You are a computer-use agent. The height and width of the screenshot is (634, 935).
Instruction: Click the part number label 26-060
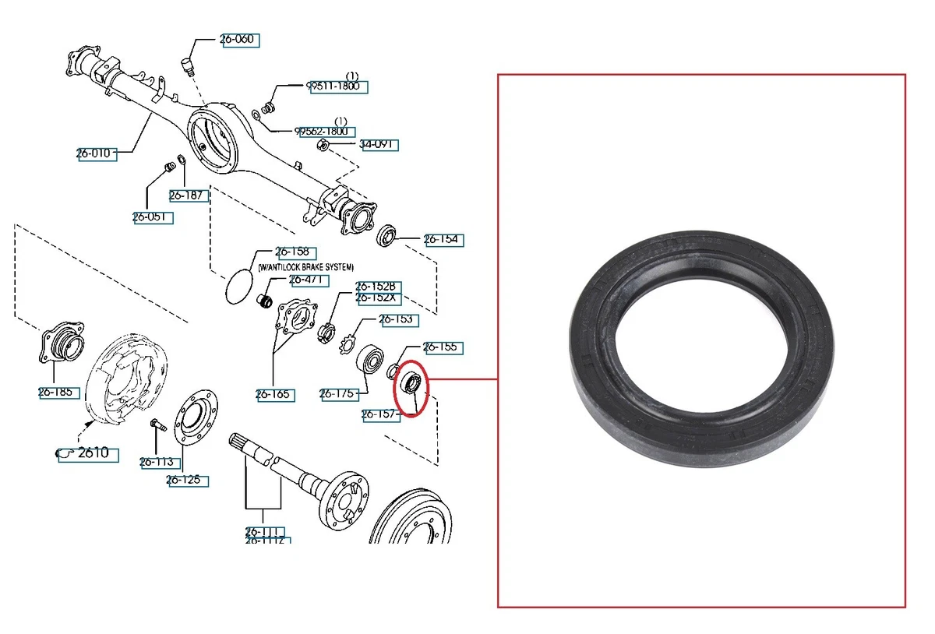(x=240, y=40)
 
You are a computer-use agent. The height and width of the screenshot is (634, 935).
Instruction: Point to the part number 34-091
(x=379, y=144)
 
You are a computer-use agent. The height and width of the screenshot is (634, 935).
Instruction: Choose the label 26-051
(x=152, y=217)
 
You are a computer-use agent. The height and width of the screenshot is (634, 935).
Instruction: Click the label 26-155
(x=441, y=347)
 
